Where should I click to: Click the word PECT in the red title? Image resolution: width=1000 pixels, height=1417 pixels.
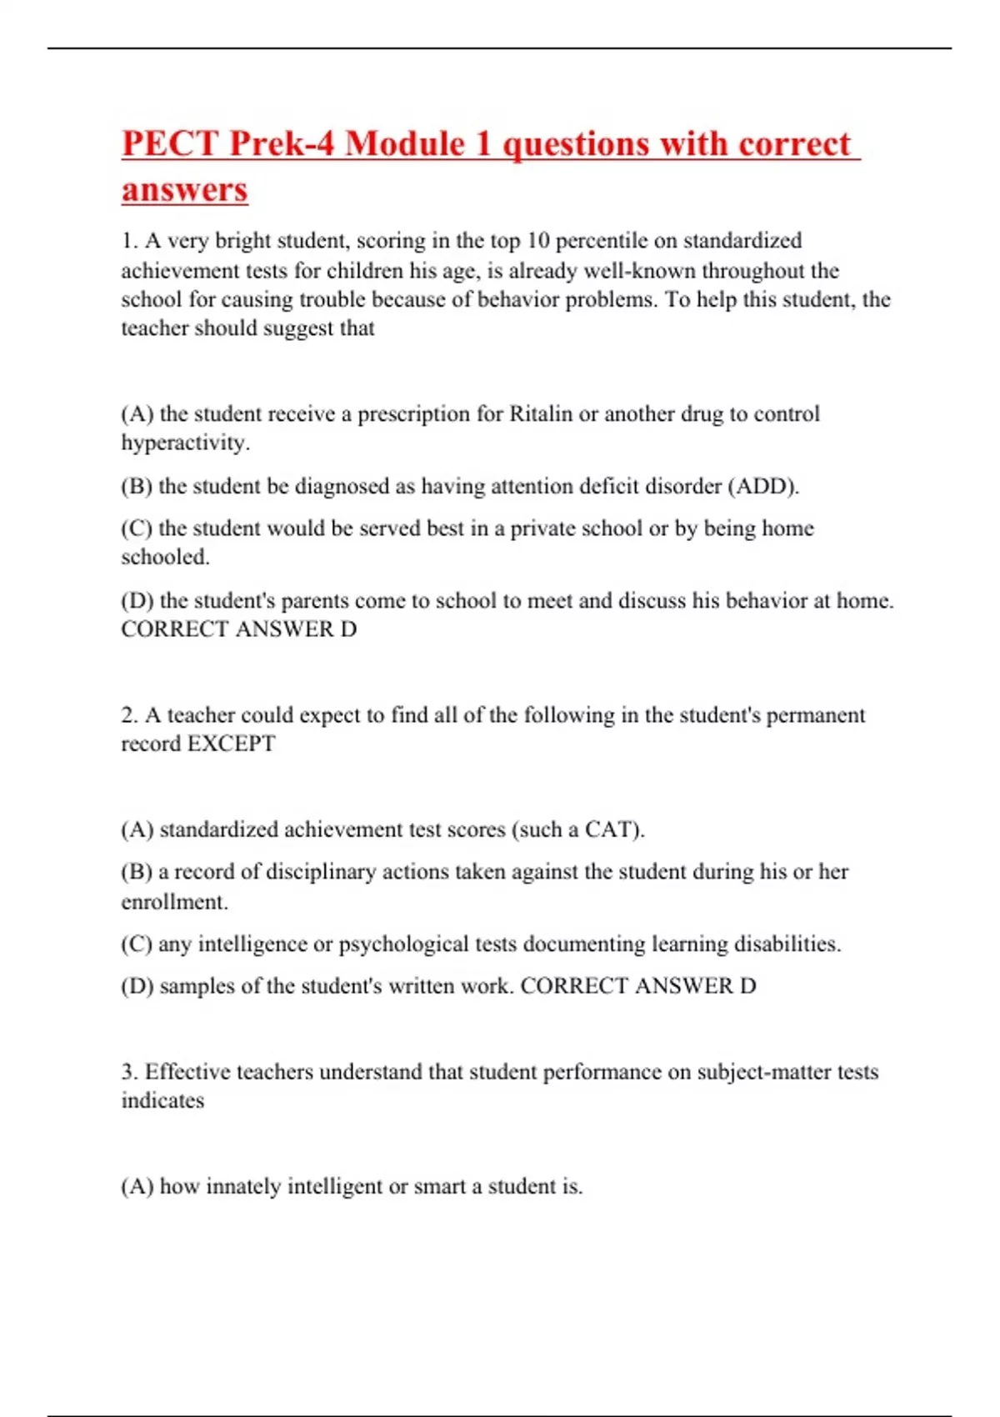tap(169, 143)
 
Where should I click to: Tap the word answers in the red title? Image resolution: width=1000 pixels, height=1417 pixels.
tap(184, 189)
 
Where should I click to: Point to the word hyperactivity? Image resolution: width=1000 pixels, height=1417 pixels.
tap(185, 443)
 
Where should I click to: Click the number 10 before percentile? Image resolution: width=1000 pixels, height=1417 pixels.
tap(538, 241)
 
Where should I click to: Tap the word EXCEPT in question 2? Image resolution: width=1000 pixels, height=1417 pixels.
tap(231, 744)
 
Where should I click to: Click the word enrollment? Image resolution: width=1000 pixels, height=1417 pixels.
tap(174, 902)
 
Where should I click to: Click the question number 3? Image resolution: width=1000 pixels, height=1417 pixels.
tap(128, 1072)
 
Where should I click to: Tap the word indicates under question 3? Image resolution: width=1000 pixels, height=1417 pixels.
tap(162, 1100)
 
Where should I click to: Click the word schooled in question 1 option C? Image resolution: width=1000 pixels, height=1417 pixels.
tap(165, 557)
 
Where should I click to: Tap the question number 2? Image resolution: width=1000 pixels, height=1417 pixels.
tap(128, 715)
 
